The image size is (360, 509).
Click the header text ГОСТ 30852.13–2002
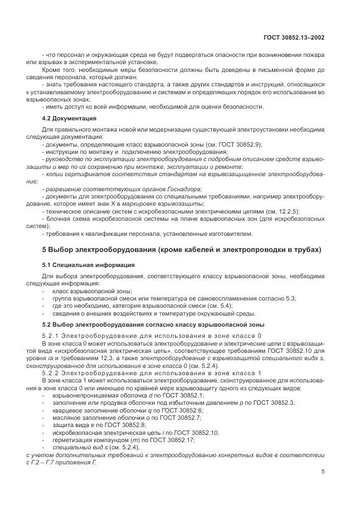click(x=294, y=37)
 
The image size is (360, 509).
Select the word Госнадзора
click(x=182, y=190)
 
